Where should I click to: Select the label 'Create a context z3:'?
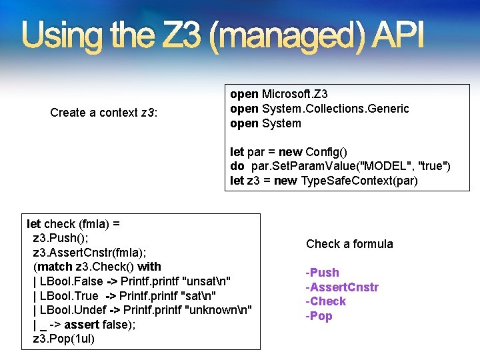(104, 113)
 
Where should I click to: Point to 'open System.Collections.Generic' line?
(319, 109)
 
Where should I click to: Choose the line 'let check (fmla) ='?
(73, 224)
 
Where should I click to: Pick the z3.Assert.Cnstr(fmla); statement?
(90, 253)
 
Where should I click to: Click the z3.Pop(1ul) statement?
(64, 339)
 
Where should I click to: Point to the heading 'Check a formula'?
(349, 244)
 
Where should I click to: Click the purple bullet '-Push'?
(323, 273)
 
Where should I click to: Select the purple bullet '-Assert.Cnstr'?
(342, 287)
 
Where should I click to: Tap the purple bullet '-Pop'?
(319, 316)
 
